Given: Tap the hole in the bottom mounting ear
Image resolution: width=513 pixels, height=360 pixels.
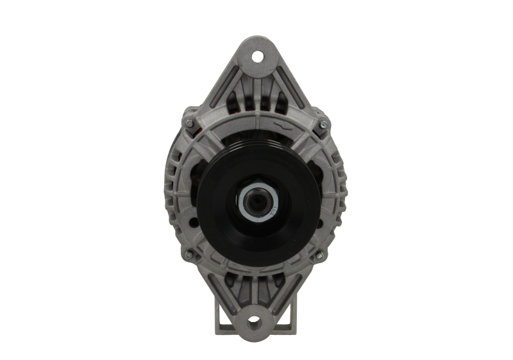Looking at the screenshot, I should point(255,319).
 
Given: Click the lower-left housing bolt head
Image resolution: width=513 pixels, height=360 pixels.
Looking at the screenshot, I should point(189,255).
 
